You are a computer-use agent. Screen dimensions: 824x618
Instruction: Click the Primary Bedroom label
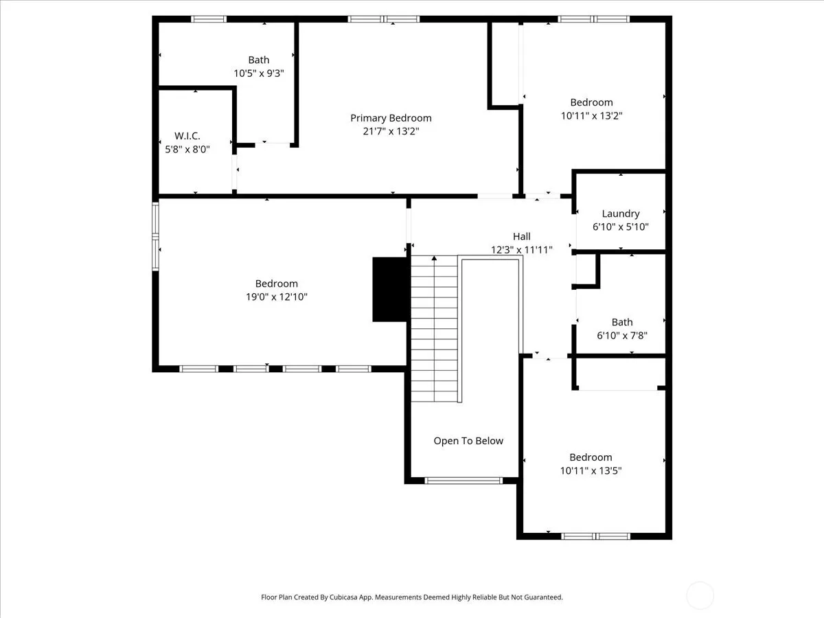tap(391, 118)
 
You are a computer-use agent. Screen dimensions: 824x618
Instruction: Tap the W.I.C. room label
tap(187, 136)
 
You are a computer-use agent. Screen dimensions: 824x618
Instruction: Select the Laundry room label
tap(621, 214)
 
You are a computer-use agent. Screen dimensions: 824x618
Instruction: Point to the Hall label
tap(521, 236)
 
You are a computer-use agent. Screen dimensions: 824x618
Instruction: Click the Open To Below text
tap(468, 441)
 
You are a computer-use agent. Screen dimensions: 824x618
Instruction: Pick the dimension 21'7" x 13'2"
tap(391, 131)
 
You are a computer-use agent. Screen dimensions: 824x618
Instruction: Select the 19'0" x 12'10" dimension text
tap(276, 297)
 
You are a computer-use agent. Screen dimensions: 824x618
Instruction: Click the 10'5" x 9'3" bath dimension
tap(259, 73)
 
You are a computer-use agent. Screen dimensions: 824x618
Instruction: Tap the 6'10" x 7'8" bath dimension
tap(622, 335)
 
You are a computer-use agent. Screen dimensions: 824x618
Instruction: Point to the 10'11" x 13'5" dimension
tap(591, 470)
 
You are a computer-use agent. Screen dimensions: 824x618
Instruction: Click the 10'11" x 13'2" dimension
tap(591, 115)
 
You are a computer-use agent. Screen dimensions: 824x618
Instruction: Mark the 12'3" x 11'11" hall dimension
tap(521, 249)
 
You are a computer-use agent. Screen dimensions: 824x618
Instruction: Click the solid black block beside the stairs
tap(389, 289)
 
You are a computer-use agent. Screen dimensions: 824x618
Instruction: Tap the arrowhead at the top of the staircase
tap(435, 258)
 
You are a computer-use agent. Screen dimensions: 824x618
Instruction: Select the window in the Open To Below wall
tap(463, 481)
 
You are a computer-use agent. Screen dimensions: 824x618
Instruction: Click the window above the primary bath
tap(209, 19)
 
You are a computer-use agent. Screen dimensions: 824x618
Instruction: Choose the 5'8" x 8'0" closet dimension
tap(187, 149)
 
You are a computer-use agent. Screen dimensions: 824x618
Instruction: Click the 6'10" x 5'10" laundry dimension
tap(621, 227)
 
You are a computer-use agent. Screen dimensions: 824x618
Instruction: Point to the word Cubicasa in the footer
tap(343, 597)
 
